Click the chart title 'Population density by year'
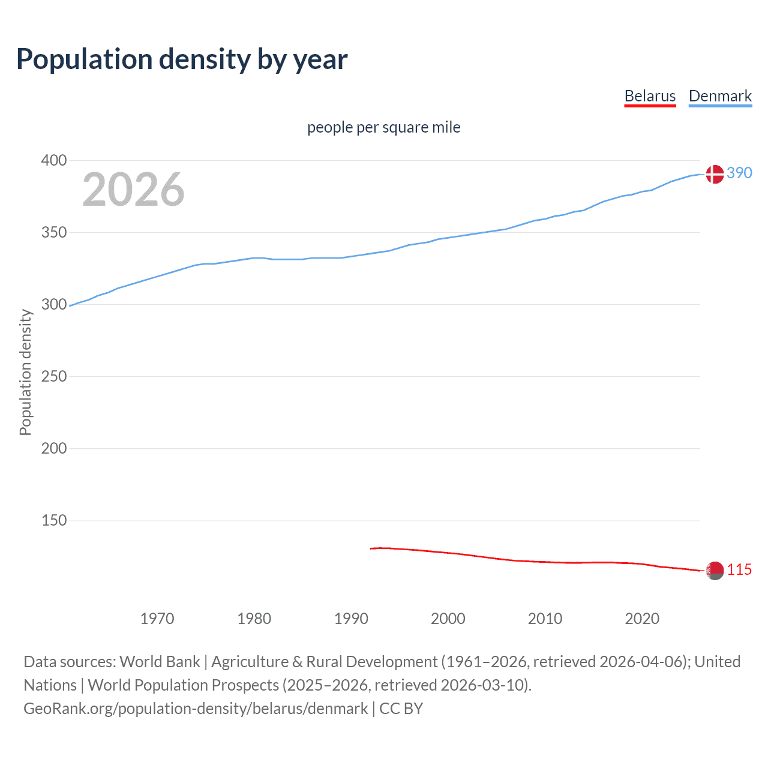pos(182,59)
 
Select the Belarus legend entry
pos(650,96)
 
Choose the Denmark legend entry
pos(720,96)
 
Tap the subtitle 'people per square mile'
pos(383,127)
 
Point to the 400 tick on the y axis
pos(54,160)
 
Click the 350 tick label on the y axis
pos(54,232)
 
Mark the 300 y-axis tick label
pos(54,304)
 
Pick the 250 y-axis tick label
pos(54,376)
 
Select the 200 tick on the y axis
pos(54,448)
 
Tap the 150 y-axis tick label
pos(54,520)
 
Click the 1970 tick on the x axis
pos(157,618)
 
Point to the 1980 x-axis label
pos(254,618)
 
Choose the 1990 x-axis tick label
pos(351,618)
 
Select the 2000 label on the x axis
pos(448,618)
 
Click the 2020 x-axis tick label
pos(642,618)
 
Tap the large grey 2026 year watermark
pos(133,190)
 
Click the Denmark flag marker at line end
pos(714,174)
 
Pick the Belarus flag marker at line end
pos(714,571)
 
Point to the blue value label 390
pos(739,173)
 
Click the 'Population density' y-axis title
pos(25,372)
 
